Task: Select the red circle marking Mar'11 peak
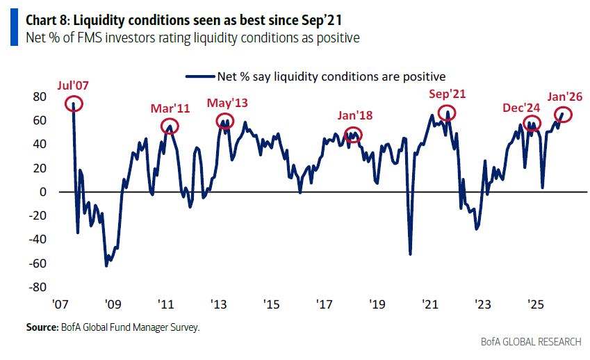click(170, 126)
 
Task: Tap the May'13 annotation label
click(227, 104)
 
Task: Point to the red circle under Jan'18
click(354, 135)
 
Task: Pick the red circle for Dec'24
click(532, 126)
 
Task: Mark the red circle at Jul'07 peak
click(74, 104)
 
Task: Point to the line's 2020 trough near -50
click(410, 254)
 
